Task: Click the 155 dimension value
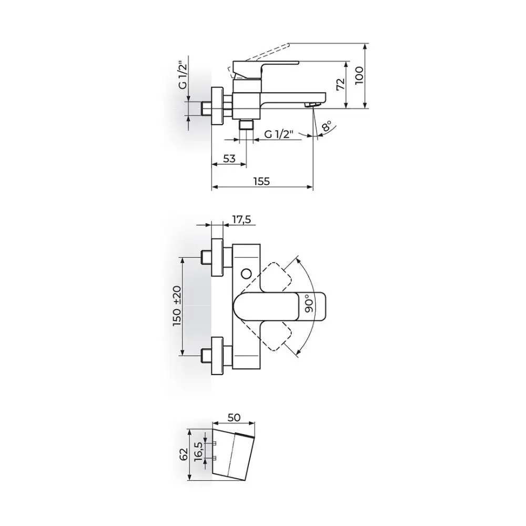(261, 181)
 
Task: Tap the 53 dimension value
(229, 158)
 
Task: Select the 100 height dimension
(359, 75)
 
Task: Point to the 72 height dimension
(341, 84)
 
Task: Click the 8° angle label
(327, 126)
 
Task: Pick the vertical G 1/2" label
(183, 75)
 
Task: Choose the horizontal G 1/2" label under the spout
(279, 134)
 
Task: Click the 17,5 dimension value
(241, 219)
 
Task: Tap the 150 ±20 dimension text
(177, 306)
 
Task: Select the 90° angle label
(309, 304)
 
